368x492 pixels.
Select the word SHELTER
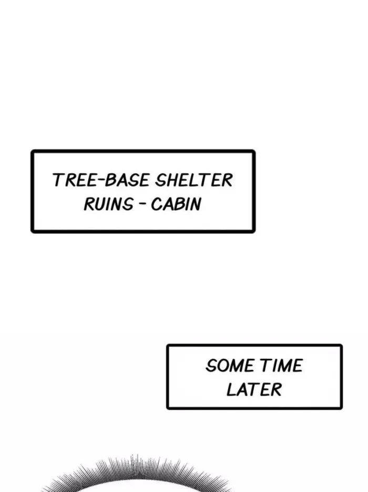pos(194,180)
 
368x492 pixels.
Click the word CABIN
pos(176,204)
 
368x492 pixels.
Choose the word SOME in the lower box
pos(230,366)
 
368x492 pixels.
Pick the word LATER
pos(254,389)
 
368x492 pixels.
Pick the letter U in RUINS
pos(100,204)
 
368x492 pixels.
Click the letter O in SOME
pos(223,366)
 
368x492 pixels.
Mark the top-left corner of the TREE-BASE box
pos(32,151)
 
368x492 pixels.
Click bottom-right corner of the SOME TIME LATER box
pos(341,408)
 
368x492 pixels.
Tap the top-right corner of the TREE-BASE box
pos(254,151)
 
